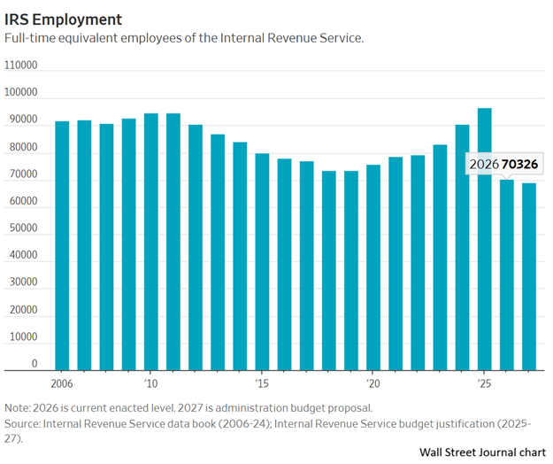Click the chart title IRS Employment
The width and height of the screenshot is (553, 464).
(x=64, y=19)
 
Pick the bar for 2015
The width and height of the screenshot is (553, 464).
(x=262, y=261)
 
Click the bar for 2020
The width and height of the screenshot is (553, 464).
(x=373, y=267)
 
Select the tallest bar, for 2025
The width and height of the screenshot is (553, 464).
(x=485, y=238)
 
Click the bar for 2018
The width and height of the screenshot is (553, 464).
(x=329, y=270)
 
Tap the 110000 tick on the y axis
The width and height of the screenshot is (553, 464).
(x=21, y=66)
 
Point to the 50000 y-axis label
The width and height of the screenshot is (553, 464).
(x=21, y=228)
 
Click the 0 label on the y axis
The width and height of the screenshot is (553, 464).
(x=35, y=363)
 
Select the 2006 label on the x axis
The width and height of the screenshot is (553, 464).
(x=62, y=384)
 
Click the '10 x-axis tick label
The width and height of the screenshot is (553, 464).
(x=150, y=384)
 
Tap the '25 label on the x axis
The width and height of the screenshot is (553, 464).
(x=485, y=384)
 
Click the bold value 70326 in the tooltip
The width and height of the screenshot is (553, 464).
(x=520, y=164)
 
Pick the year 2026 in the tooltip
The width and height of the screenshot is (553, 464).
(x=484, y=164)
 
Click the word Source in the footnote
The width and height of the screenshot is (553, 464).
(x=23, y=423)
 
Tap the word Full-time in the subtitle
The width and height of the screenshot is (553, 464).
(x=32, y=38)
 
